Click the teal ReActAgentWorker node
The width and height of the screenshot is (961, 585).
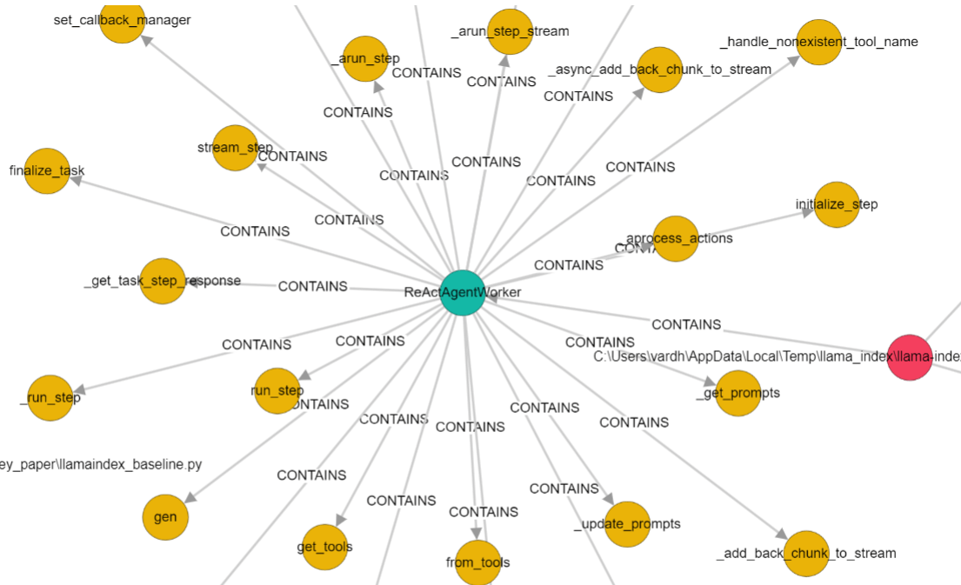coord(462,292)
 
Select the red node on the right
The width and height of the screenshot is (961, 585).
coord(910,357)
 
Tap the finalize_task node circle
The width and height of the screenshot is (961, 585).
coord(47,170)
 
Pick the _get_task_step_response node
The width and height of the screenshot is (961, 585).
coord(163,281)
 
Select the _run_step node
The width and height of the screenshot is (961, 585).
coord(50,398)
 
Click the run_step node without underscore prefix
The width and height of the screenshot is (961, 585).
coord(277,391)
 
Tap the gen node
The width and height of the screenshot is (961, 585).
coord(165,517)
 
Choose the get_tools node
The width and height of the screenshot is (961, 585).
coord(324,547)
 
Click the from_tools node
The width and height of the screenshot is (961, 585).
coord(477,562)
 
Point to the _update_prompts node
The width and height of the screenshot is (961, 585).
coord(627,524)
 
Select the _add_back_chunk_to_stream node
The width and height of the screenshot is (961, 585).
coord(806,553)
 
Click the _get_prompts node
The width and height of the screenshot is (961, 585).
coord(737,393)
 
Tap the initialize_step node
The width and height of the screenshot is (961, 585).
coord(837,204)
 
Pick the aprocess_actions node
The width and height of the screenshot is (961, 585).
coord(676,238)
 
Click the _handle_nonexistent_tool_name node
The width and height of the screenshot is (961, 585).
coord(819,42)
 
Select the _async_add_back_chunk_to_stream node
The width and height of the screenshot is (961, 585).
coord(659,70)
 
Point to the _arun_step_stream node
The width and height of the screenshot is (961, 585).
coord(510,31)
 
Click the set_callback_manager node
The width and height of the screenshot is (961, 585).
coord(122,20)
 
